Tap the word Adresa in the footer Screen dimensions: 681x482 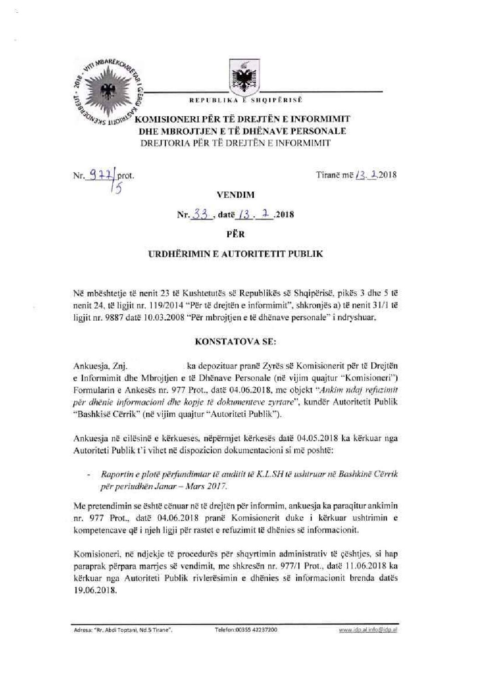[x=82, y=630]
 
